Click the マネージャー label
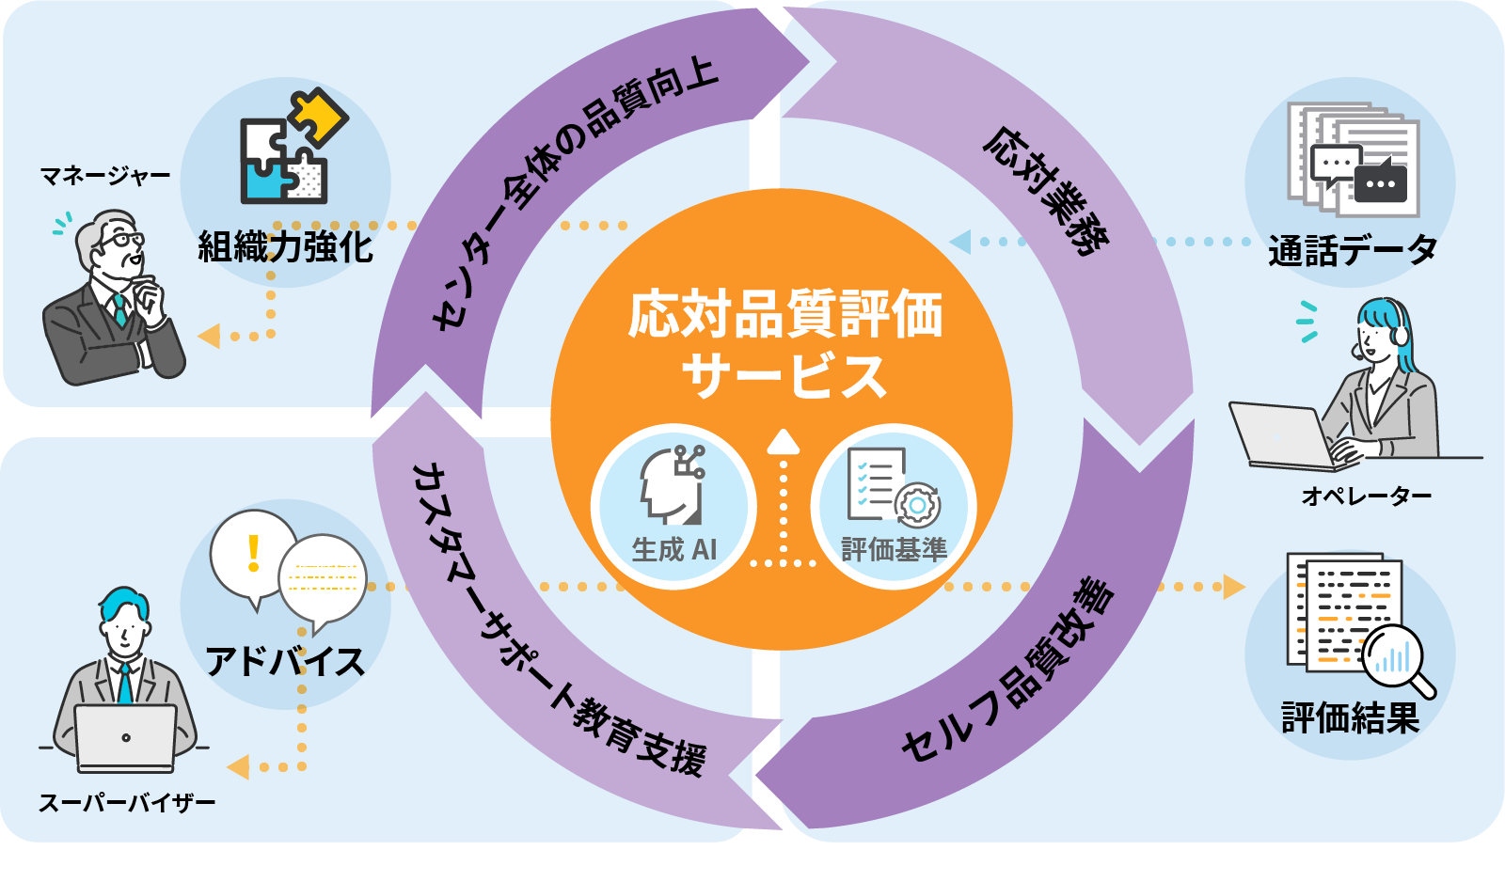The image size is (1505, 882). [104, 176]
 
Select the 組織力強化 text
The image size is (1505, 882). [285, 247]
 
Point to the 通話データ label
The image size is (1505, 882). [1352, 250]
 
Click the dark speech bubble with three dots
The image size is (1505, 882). [1380, 182]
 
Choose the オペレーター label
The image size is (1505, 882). [1366, 496]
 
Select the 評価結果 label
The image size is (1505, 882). [1350, 718]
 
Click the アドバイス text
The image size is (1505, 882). [285, 662]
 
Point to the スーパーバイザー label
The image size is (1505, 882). [127, 803]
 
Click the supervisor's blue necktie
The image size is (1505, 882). [124, 684]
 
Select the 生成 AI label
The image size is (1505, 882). [673, 549]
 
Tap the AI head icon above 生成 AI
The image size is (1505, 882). [673, 484]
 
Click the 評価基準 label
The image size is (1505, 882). [894, 549]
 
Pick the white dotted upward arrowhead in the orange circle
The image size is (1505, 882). [783, 442]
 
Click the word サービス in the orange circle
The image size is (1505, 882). [784, 375]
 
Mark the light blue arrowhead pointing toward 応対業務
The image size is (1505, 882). [960, 242]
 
